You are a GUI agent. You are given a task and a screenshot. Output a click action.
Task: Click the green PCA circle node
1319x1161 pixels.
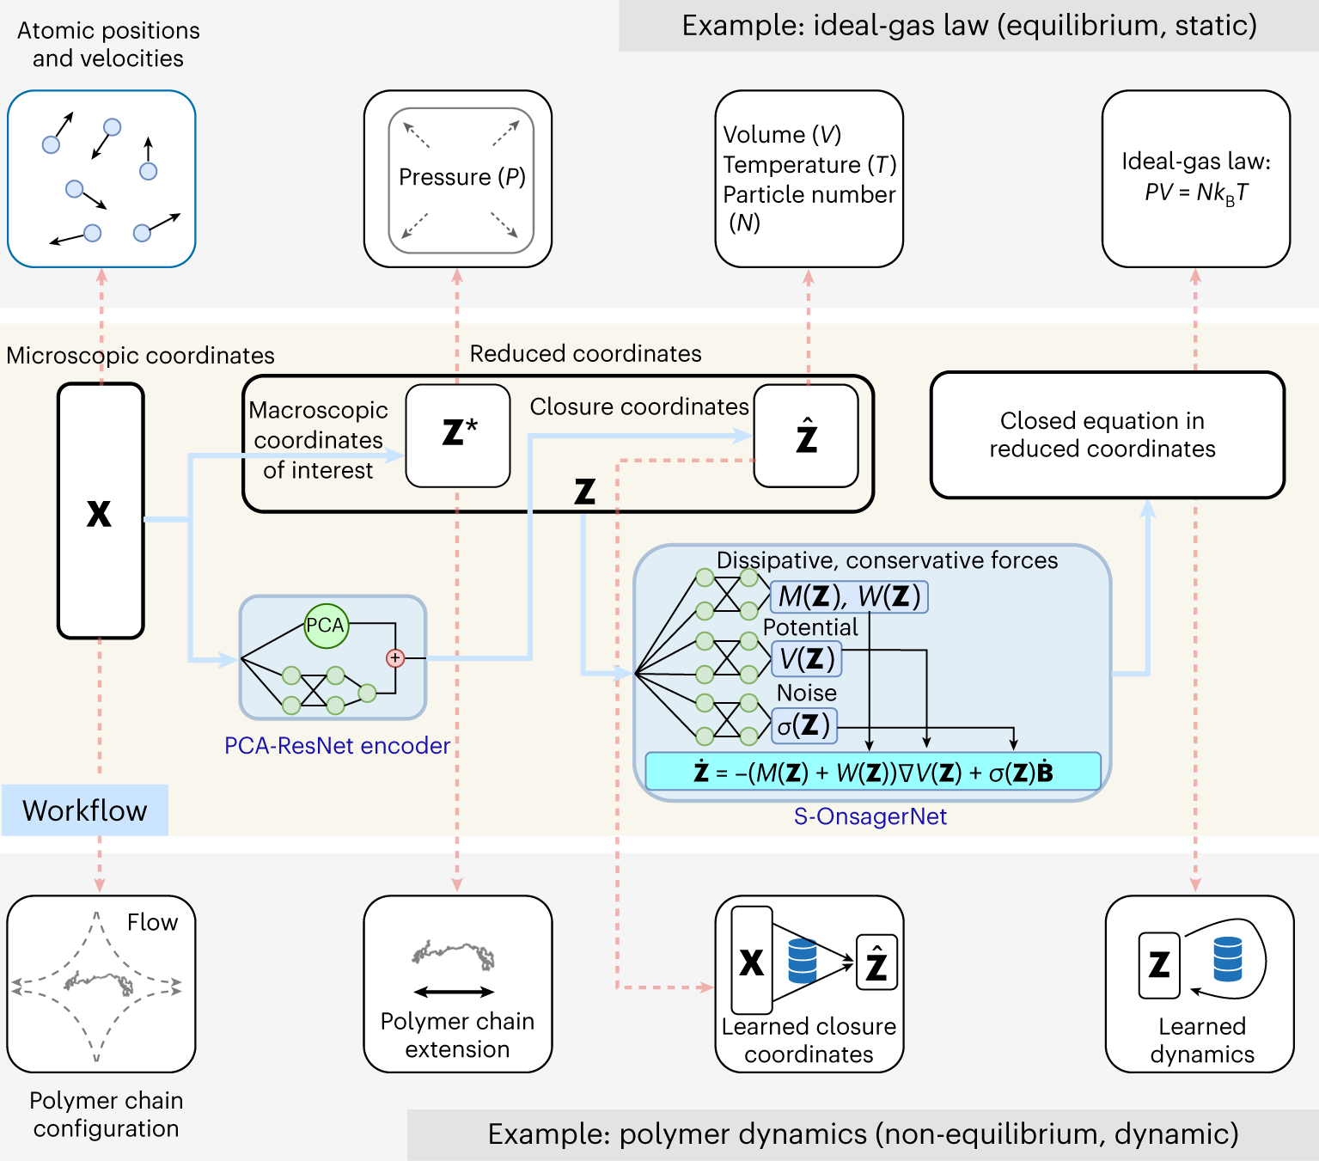(x=326, y=626)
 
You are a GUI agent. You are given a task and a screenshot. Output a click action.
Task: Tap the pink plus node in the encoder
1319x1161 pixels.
(x=395, y=658)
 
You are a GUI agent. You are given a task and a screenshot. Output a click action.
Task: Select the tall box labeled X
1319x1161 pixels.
(x=100, y=511)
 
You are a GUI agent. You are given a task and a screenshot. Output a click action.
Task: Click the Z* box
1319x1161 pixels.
(x=458, y=435)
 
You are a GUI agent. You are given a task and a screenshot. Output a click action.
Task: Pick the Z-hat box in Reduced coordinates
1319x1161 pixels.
(x=806, y=436)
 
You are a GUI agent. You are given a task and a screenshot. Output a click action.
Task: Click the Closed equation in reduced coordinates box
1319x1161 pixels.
(x=1107, y=435)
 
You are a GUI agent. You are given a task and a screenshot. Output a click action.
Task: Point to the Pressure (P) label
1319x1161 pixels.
(x=461, y=177)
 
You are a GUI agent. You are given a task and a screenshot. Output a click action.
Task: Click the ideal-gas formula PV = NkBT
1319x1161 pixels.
(x=1195, y=193)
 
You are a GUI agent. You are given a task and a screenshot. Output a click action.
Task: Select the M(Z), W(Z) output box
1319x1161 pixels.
(x=849, y=596)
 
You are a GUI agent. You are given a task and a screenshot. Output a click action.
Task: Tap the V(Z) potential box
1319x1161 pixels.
(x=806, y=659)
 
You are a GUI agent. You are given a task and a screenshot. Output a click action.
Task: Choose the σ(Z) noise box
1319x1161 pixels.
(x=803, y=725)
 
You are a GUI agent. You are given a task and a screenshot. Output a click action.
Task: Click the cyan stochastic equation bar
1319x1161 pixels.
(x=872, y=773)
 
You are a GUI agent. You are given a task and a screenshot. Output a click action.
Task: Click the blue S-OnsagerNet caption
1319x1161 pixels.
(x=870, y=816)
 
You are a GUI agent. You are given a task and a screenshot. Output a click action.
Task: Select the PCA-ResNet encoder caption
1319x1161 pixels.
(x=337, y=746)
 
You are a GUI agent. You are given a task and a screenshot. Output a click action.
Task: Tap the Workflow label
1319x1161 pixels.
(x=84, y=810)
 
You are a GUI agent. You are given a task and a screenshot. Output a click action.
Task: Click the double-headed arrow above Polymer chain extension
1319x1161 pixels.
(x=454, y=992)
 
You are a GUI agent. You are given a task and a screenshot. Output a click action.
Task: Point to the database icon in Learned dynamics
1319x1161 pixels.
(x=1227, y=959)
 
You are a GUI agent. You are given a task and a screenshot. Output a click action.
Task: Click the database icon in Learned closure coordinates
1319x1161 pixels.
(x=802, y=961)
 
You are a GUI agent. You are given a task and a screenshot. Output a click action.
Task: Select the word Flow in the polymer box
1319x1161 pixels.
(x=152, y=922)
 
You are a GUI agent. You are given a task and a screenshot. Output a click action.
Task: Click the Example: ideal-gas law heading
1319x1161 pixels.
(x=968, y=26)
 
